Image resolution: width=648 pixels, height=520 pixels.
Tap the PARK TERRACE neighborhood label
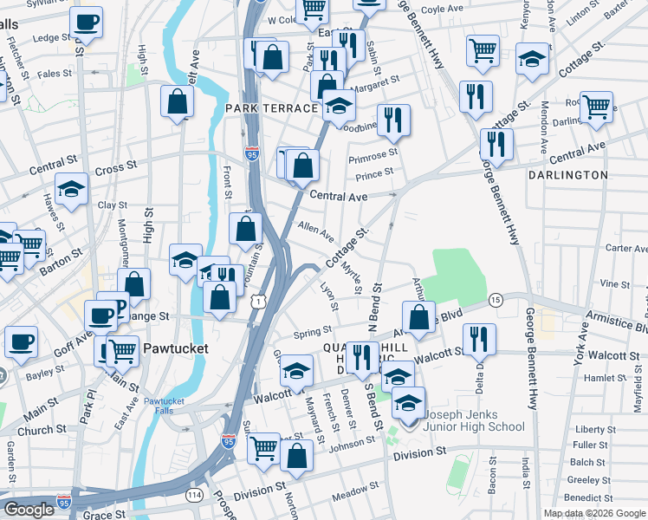point(271,108)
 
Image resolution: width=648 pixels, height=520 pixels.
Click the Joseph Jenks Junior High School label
point(473,419)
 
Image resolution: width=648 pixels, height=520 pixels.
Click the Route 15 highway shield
point(496,300)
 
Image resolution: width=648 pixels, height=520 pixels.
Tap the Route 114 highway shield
point(193,495)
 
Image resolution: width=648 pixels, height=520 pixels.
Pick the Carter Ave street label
point(625,248)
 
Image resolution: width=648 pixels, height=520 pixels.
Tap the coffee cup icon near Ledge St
point(86,23)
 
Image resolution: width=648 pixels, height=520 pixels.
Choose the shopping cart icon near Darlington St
point(596,107)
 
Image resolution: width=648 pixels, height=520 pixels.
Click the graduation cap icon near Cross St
point(71,188)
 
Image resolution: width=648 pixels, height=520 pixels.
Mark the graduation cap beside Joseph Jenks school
point(408,402)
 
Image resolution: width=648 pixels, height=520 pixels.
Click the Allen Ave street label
point(315,231)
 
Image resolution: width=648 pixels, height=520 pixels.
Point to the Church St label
point(36,430)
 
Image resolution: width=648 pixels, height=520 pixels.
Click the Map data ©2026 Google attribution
point(594,513)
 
